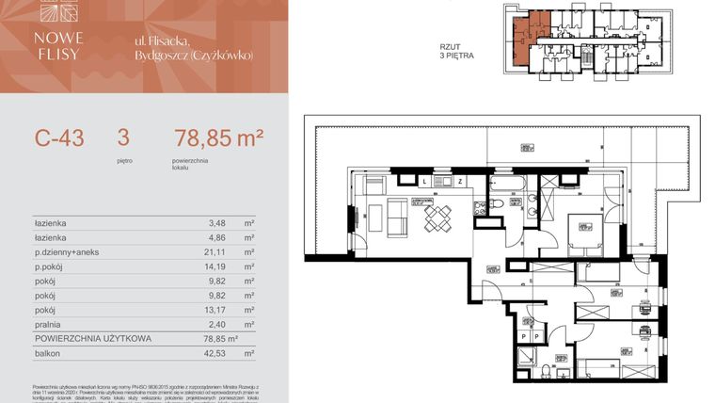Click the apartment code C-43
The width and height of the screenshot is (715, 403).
click(59, 139)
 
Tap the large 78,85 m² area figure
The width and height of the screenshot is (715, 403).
click(218, 139)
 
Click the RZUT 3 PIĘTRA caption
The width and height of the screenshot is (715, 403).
click(457, 51)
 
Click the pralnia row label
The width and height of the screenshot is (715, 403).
click(48, 322)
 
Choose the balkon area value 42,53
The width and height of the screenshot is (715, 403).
click(217, 353)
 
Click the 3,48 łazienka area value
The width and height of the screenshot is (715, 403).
click(217, 224)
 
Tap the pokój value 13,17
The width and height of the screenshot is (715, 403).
click(217, 308)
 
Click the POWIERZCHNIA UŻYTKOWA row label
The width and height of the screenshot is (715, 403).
click(89, 337)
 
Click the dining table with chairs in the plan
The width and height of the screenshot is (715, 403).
click(438, 218)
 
